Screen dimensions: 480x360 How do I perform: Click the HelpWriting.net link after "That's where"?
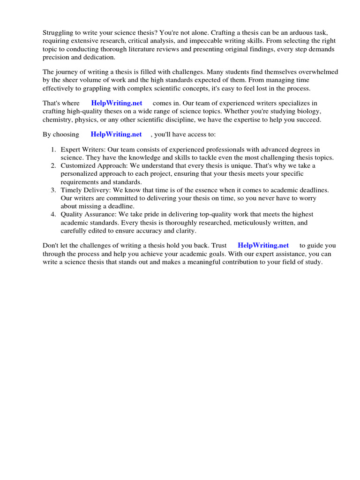pyautogui.click(x=117, y=103)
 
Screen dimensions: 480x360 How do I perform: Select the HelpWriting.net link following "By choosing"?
pyautogui.click(x=116, y=134)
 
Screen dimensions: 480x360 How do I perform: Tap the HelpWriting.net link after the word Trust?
pyautogui.click(x=263, y=245)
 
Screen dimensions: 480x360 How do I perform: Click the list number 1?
pyautogui.click(x=53, y=150)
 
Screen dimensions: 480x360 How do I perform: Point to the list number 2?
pyautogui.click(x=53, y=165)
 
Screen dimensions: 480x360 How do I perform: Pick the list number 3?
pyautogui.click(x=53, y=190)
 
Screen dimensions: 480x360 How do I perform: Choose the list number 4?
pyautogui.click(x=53, y=215)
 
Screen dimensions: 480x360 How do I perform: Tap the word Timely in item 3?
pyautogui.click(x=70, y=190)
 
